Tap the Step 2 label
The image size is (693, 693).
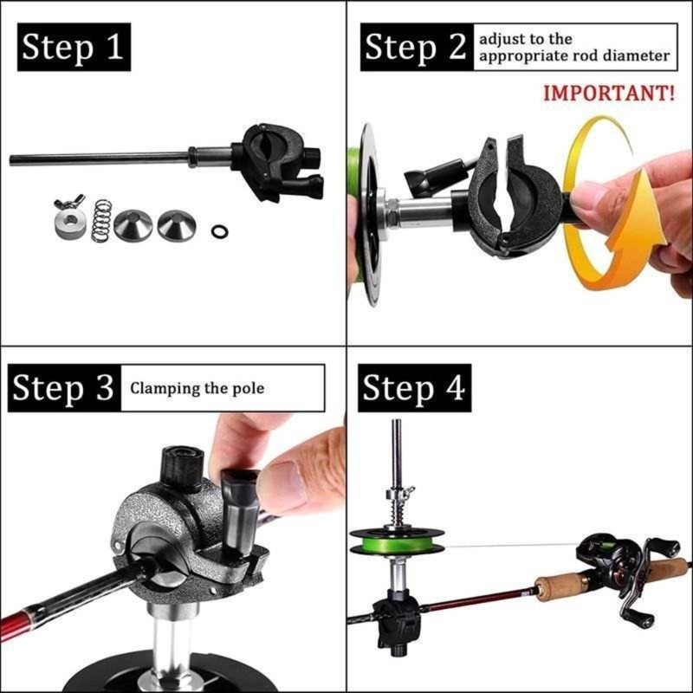415,48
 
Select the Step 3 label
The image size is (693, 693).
62,389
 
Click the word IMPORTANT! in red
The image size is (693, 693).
608,94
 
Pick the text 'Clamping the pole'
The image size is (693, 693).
197,388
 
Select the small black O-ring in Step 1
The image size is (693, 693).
220,231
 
